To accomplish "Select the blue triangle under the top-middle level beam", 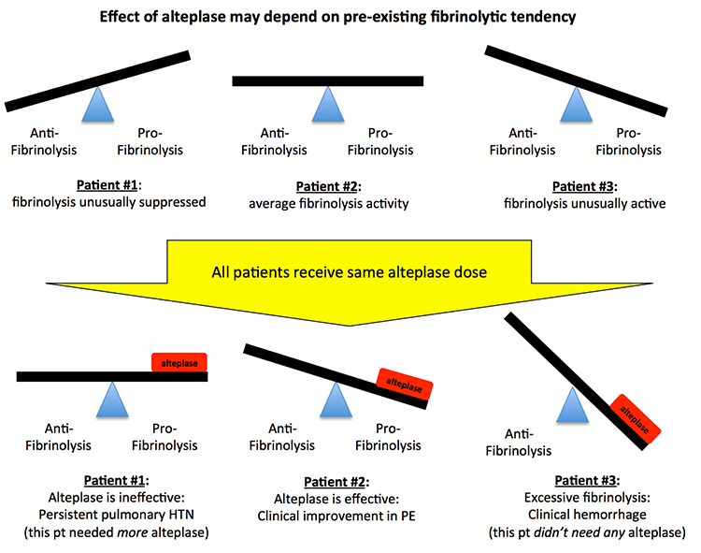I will pos(326,105).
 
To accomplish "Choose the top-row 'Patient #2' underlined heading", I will pos(326,186).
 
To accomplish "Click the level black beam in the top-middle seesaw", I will pos(326,81).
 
